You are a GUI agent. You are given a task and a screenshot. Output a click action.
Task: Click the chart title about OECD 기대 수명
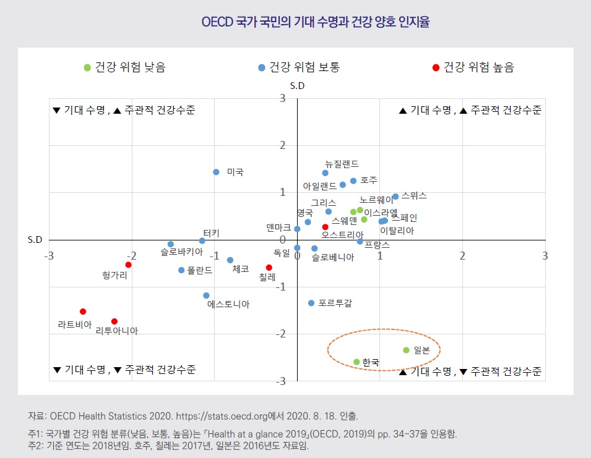[x=316, y=22]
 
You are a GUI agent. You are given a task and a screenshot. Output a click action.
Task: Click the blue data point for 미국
[x=216, y=172]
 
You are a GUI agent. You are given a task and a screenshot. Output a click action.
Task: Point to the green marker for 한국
[x=356, y=362]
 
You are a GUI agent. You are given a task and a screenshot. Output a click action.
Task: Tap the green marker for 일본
[x=406, y=350]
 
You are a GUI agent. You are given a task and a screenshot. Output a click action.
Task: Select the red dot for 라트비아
[x=83, y=312]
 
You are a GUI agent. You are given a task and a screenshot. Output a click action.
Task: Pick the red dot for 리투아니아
[x=114, y=321]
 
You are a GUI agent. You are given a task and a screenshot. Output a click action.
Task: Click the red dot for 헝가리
[x=128, y=265]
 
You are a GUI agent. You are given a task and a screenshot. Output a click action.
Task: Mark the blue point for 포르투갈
[x=311, y=303]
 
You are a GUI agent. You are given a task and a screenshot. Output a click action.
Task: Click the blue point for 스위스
[x=395, y=197]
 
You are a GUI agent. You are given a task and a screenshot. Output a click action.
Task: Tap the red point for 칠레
[x=269, y=268]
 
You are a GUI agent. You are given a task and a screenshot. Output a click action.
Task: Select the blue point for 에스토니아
[x=206, y=295]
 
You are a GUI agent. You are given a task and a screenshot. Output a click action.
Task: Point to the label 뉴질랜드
[x=342, y=164]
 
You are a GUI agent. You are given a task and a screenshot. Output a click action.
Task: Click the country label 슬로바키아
[x=181, y=253]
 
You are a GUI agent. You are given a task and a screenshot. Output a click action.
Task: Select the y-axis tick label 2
[x=282, y=145]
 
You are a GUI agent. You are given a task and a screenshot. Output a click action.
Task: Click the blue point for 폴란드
[x=181, y=270]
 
